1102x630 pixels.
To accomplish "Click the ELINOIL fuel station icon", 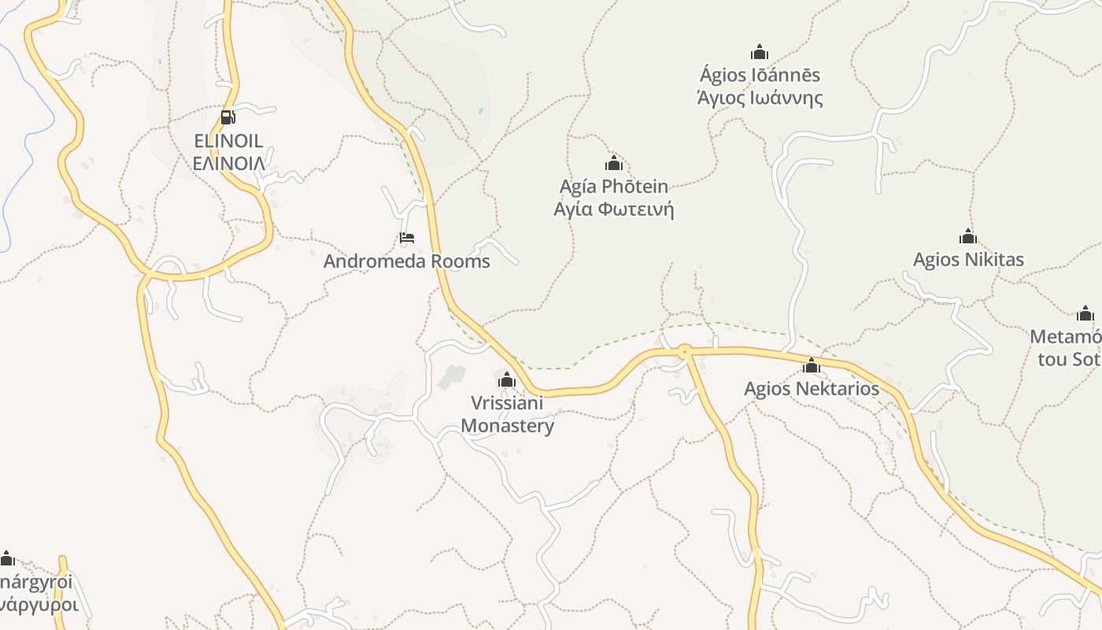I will click(x=228, y=117).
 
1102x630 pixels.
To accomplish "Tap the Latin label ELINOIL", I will click(x=228, y=142).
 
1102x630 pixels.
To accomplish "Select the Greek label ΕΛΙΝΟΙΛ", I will click(x=228, y=164).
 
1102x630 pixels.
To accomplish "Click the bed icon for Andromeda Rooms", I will click(x=407, y=238).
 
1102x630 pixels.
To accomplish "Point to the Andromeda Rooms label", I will click(x=406, y=261).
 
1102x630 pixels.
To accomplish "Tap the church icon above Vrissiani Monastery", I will click(x=507, y=380).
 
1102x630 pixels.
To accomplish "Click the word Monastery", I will click(x=507, y=426).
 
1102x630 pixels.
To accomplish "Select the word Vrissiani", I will click(x=507, y=403).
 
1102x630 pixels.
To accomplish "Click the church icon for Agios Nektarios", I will click(x=812, y=365).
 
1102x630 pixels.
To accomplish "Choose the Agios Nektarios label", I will click(x=812, y=388).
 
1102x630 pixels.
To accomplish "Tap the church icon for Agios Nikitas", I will click(x=968, y=236).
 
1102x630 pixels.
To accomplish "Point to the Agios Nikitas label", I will click(x=968, y=260).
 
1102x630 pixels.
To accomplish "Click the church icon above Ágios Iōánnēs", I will click(x=760, y=52).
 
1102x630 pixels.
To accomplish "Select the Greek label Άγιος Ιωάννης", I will click(x=760, y=98).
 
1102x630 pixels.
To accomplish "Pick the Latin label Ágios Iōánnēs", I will click(x=760, y=76).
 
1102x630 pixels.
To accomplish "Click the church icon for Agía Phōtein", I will click(x=614, y=163).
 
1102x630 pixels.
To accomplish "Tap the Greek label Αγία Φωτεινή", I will click(x=614, y=209).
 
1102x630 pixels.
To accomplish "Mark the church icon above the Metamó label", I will click(x=1085, y=313).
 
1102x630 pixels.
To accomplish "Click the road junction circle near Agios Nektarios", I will click(x=685, y=351).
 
